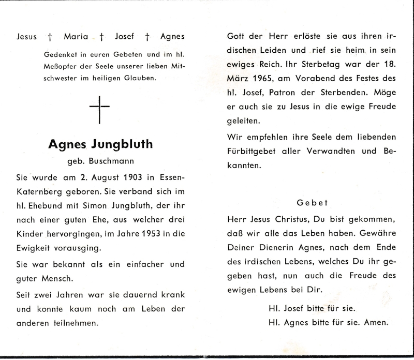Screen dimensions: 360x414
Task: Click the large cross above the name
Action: point(99,109)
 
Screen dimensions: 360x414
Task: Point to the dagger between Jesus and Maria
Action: point(50,37)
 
